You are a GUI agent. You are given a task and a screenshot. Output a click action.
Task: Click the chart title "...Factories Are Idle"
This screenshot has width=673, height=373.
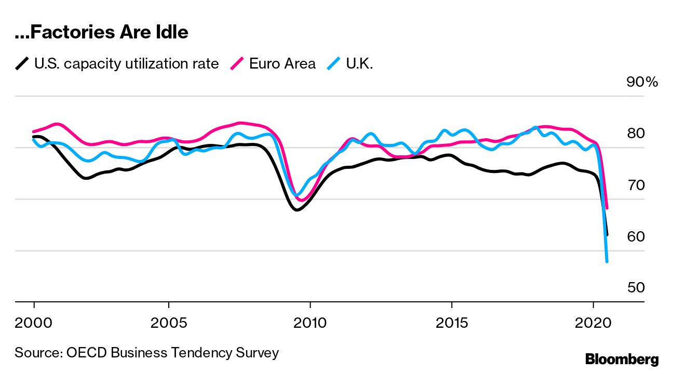point(101,33)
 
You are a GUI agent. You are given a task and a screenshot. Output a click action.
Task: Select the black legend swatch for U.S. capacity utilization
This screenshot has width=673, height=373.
point(22,64)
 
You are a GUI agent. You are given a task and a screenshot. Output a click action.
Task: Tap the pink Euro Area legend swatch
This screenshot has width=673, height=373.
point(237,64)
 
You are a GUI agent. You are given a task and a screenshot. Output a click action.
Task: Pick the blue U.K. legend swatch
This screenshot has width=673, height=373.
point(333,64)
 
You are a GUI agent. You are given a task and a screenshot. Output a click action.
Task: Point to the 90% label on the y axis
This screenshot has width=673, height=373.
point(642,82)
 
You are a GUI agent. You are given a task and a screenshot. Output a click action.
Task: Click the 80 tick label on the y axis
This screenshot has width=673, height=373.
point(636,134)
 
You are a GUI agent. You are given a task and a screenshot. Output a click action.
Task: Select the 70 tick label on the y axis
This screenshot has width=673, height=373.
point(636,185)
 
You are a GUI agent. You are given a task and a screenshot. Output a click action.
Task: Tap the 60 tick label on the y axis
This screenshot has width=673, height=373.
point(636,236)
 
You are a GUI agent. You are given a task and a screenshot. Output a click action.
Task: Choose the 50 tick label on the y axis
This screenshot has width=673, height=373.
point(636,288)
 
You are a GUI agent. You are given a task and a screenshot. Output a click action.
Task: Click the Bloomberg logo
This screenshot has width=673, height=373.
point(622,359)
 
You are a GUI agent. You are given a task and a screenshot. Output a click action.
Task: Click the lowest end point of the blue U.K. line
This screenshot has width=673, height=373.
point(607,261)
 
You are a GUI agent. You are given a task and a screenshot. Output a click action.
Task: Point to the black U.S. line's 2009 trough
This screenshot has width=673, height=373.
point(296,209)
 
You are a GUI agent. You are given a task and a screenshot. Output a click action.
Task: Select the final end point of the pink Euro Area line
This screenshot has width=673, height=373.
point(607,208)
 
